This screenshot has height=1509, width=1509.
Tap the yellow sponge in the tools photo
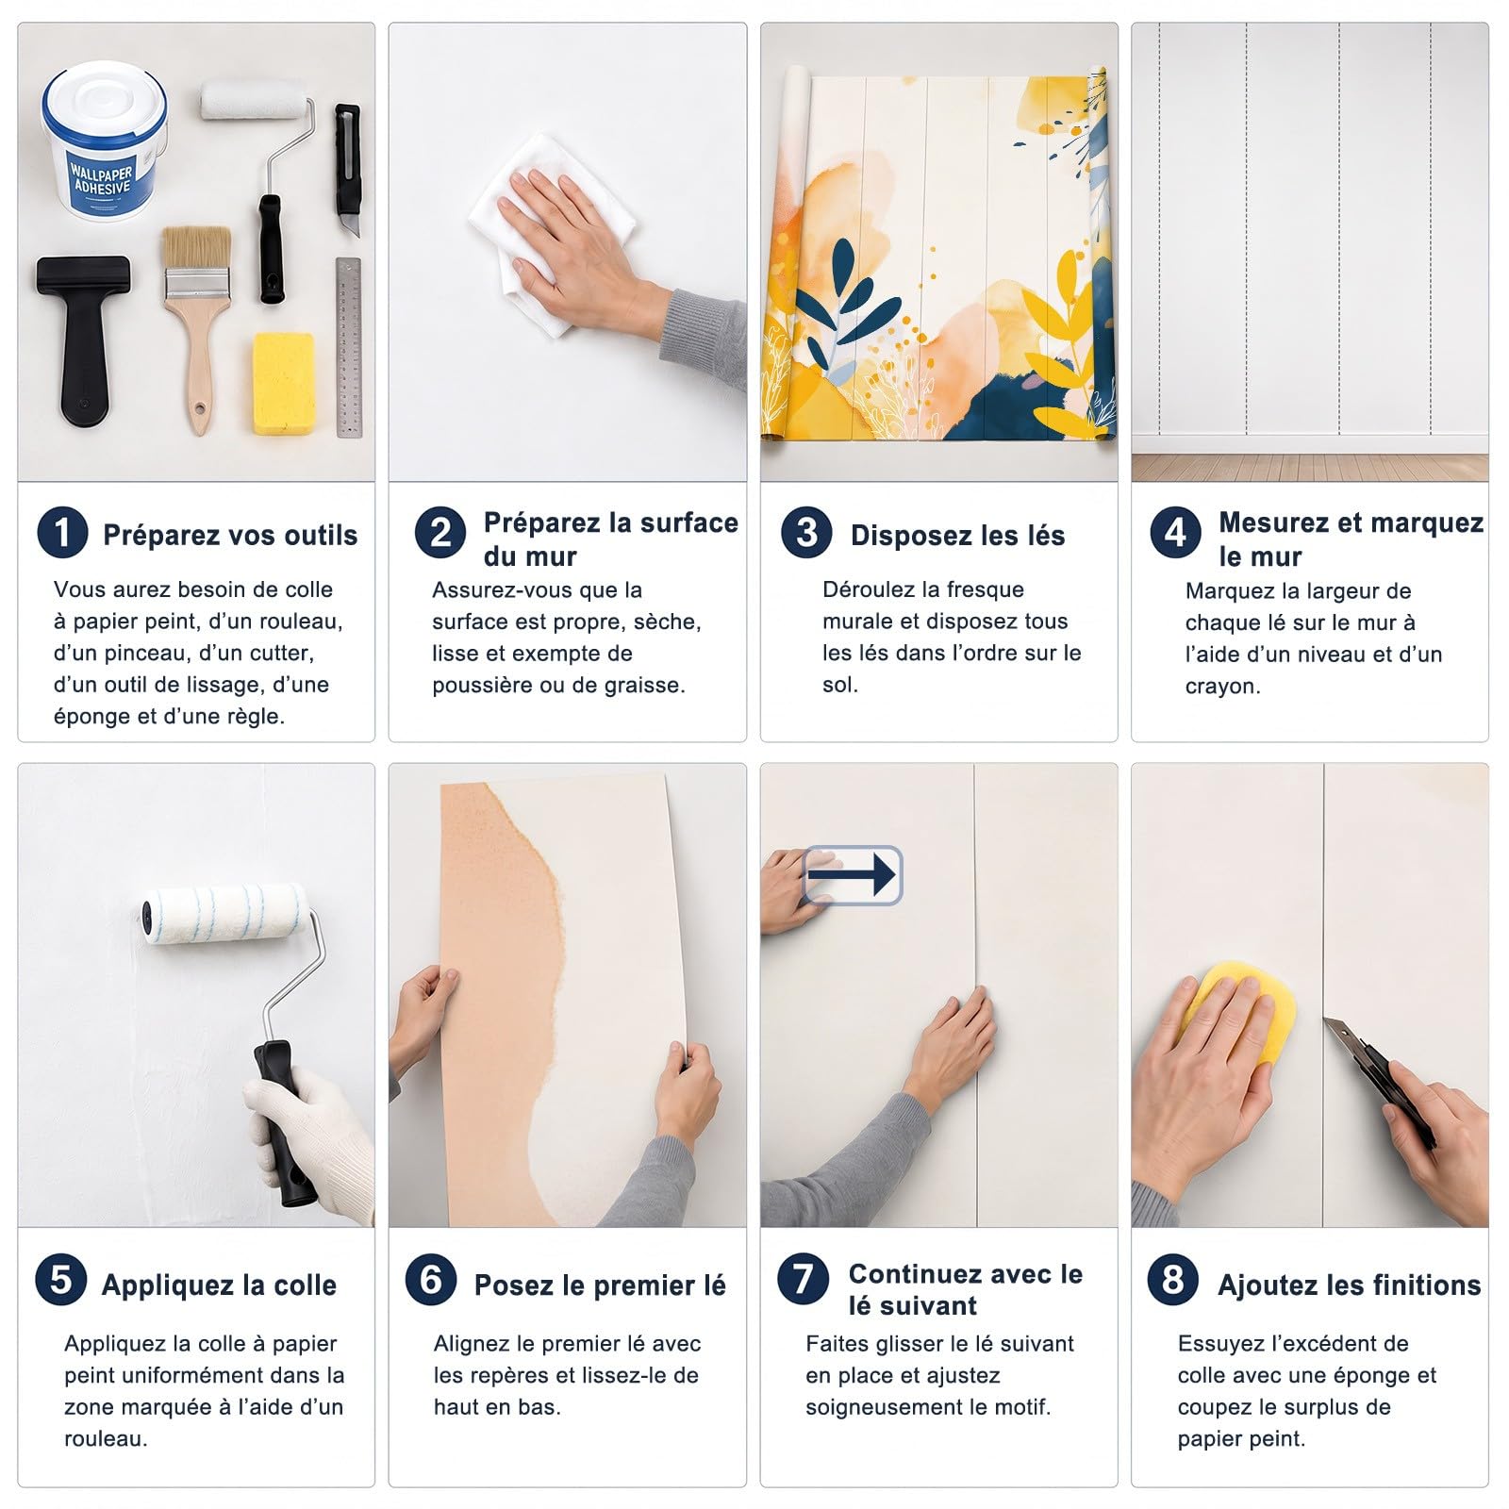[x=284, y=384]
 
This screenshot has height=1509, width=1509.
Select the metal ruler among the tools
[x=349, y=347]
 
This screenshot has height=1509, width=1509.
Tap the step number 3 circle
[x=806, y=533]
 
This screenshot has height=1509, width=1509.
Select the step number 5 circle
[x=61, y=1280]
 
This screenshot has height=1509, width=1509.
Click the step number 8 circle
[x=1173, y=1280]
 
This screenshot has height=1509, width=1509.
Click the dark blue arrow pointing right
[x=852, y=874]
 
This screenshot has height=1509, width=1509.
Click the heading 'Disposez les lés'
[x=957, y=536]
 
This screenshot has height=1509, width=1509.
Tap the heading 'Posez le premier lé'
[x=600, y=1285]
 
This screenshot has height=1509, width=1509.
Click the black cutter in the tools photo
[x=348, y=158]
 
